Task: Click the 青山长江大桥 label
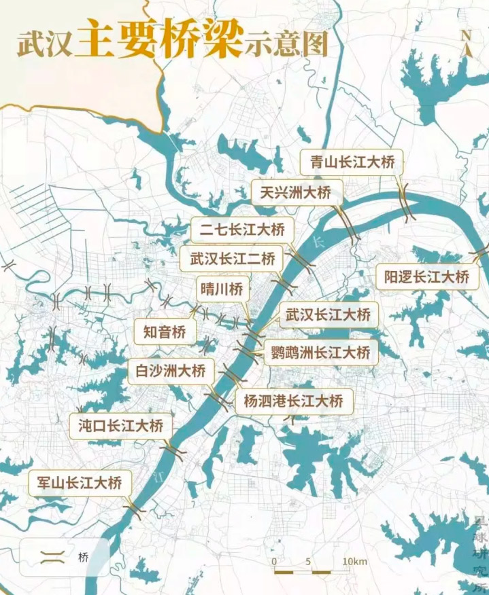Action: pyautogui.click(x=352, y=162)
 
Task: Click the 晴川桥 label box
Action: pyautogui.click(x=220, y=288)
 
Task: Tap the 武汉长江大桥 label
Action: pyautogui.click(x=328, y=315)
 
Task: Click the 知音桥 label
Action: pyautogui.click(x=165, y=332)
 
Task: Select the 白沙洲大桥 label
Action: pyautogui.click(x=171, y=371)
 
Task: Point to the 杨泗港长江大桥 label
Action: pyautogui.click(x=294, y=401)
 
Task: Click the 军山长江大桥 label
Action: pyautogui.click(x=77, y=484)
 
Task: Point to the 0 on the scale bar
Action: pyautogui.click(x=273, y=562)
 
